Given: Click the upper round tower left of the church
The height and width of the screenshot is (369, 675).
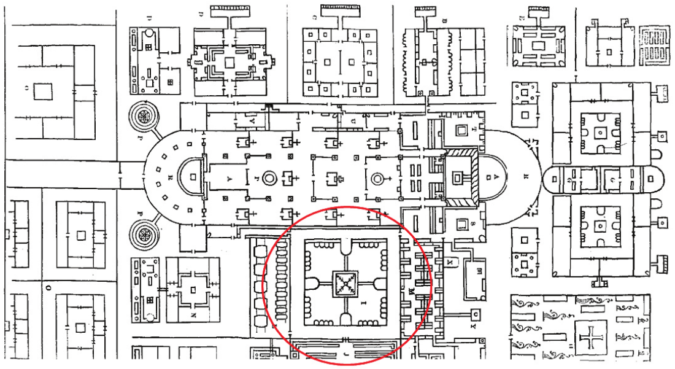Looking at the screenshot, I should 146,117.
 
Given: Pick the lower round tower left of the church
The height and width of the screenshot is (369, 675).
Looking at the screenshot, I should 146,235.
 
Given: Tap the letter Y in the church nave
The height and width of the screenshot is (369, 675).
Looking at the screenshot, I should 230,179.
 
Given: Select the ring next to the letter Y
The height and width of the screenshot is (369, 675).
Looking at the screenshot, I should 268,179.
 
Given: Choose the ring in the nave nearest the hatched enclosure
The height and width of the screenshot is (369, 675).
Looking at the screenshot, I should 378,179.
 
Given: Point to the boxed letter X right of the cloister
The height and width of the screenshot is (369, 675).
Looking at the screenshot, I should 451,262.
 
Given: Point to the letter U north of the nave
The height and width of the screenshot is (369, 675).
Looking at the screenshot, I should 353,122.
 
